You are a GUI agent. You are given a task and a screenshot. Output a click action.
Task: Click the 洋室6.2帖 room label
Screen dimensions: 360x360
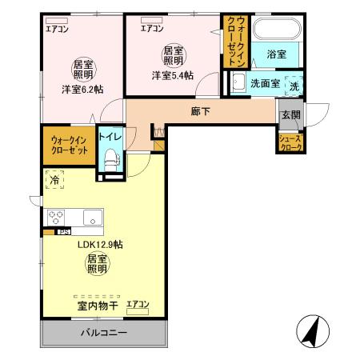point(80,90)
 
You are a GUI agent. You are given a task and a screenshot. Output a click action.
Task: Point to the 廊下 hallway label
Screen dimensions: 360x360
point(201,112)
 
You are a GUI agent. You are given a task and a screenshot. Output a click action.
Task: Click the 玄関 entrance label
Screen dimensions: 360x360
point(289,114)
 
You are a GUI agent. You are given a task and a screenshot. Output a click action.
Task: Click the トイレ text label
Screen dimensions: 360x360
point(110,137)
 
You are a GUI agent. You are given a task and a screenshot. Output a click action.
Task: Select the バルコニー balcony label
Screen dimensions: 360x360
point(103,332)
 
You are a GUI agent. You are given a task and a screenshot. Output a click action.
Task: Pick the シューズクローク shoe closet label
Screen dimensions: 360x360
point(289,142)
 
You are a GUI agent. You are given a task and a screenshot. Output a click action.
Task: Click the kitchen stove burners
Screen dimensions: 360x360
point(57,216)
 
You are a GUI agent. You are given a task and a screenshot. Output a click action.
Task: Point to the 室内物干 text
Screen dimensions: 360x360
point(98,306)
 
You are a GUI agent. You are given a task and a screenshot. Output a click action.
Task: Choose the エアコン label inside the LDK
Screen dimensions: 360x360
point(139,305)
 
